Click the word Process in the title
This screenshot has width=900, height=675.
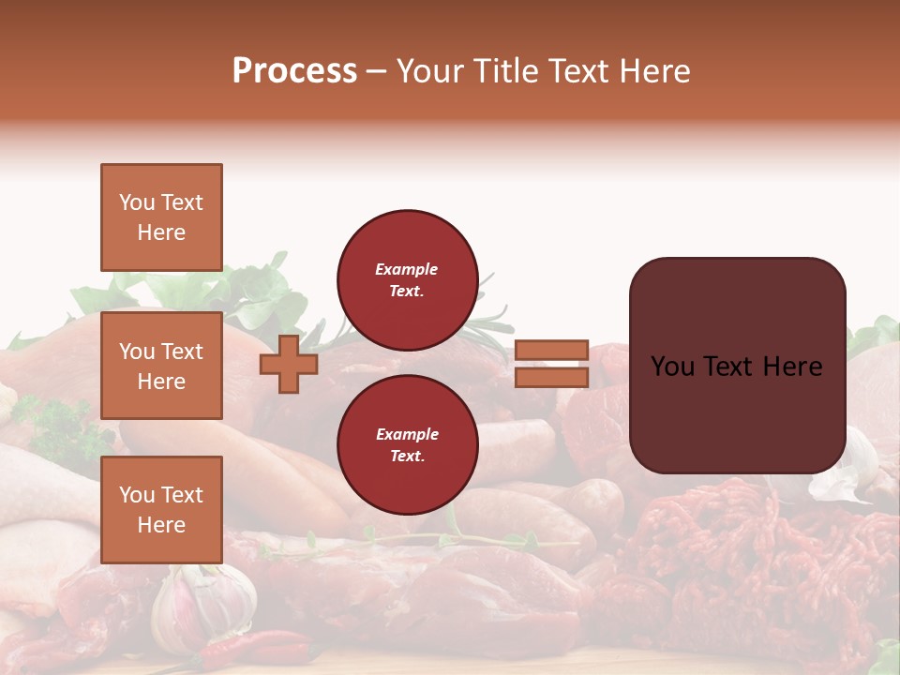point(294,71)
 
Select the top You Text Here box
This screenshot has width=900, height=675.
point(161,217)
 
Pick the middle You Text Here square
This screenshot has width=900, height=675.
point(161,366)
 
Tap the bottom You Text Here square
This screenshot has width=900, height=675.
point(161,510)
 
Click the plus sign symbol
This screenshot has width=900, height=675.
point(288,363)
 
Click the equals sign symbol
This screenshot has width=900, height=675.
point(551,364)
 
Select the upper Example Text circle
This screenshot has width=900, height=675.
point(407,280)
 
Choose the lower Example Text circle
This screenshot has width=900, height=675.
point(407,445)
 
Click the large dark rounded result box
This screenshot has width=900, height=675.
point(737,366)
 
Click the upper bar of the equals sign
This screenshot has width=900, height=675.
point(551,351)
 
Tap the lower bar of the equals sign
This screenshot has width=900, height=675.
point(551,377)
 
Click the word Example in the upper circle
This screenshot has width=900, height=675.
point(407,269)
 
